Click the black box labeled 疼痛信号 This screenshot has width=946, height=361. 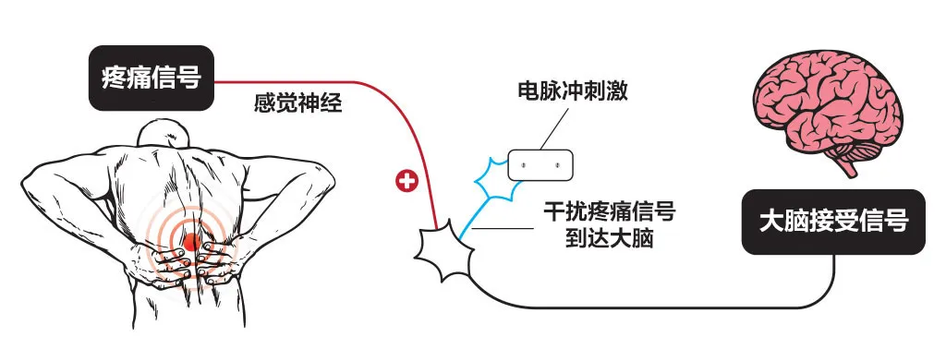click(152, 78)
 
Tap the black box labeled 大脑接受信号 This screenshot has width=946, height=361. click(833, 222)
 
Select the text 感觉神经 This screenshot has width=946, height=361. click(298, 103)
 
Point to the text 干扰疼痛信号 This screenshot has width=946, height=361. click(609, 213)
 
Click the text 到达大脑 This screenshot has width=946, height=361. click(609, 239)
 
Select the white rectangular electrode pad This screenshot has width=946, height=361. click(540, 165)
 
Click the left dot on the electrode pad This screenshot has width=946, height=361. click(523, 166)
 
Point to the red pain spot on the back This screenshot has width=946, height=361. click(192, 243)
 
